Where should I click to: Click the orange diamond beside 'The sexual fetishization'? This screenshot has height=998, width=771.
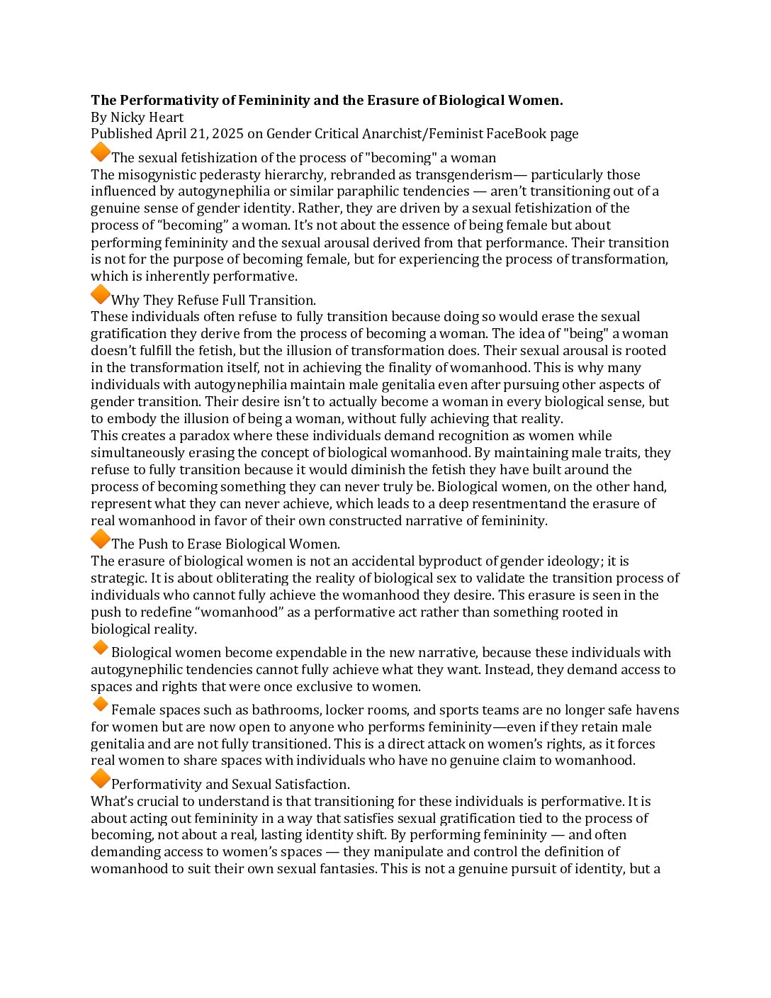101,152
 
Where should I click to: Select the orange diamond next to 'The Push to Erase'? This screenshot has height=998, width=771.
101,539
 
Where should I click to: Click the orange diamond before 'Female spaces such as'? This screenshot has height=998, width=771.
100,705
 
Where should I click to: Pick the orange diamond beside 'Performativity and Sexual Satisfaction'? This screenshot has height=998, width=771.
101,779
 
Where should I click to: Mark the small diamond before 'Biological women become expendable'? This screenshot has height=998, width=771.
100,647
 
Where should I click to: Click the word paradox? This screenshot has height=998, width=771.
204,436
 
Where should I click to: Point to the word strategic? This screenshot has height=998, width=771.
118,578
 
